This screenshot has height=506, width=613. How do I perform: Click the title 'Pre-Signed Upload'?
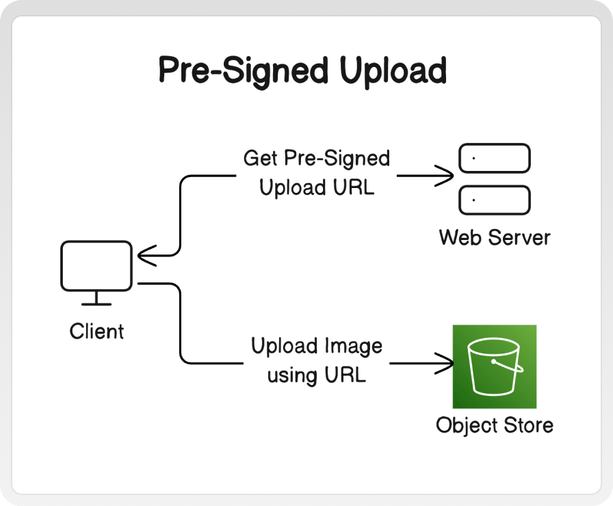pos(302,70)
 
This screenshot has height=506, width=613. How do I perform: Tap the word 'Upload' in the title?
pos(393,70)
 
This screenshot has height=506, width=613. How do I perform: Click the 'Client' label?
pos(96,332)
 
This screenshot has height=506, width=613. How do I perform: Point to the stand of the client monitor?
pos(96,299)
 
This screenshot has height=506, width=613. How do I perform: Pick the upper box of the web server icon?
pos(495,158)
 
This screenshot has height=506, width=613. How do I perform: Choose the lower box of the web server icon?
pos(495,200)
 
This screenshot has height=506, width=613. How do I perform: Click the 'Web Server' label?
pos(495,237)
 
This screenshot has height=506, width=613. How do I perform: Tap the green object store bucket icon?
pos(495,367)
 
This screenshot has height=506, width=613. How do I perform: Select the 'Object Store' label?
pos(495,425)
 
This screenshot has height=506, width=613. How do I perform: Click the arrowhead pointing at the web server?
pos(445,176)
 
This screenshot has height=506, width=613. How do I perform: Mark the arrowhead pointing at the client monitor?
pos(146,256)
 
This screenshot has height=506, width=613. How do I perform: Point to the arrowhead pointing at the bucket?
pos(445,363)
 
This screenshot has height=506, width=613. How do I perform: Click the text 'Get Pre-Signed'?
pos(317,159)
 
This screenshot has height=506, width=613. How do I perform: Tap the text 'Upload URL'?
pos(317,187)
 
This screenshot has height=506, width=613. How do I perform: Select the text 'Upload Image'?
pos(317,346)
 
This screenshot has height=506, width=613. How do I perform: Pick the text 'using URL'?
pos(317,375)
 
